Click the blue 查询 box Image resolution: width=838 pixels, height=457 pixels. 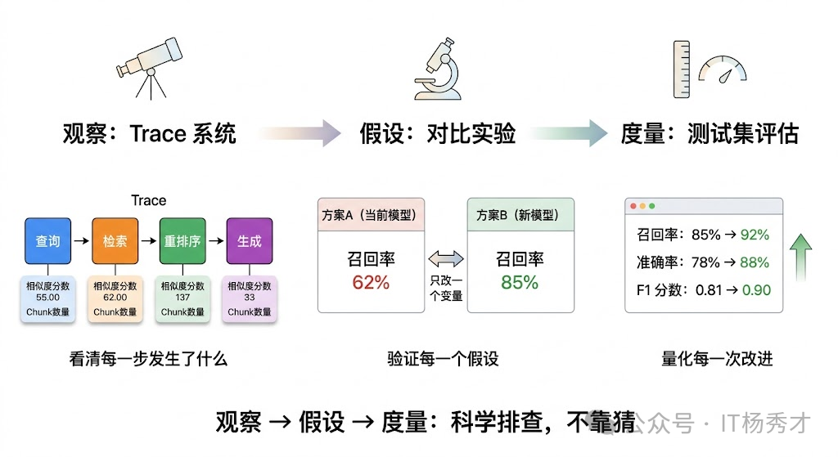[48, 241]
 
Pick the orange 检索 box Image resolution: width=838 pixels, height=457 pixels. [115, 241]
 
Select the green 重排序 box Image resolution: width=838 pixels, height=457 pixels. [182, 241]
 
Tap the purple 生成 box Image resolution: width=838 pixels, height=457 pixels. [249, 241]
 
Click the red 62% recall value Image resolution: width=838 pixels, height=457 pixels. [371, 282]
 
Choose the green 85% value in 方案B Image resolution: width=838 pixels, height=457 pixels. [520, 282]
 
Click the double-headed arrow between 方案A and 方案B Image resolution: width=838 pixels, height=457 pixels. [446, 259]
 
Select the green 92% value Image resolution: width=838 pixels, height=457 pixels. [755, 235]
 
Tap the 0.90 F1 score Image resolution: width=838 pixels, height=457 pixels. [756, 289]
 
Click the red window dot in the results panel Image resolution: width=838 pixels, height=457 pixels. [632, 206]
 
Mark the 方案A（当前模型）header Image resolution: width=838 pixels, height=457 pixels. [370, 215]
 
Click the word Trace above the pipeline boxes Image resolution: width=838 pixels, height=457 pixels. [148, 200]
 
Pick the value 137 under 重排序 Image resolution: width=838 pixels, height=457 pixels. [182, 298]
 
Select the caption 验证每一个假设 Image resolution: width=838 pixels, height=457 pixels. [443, 359]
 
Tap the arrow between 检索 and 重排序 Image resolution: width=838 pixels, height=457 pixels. [148, 241]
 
